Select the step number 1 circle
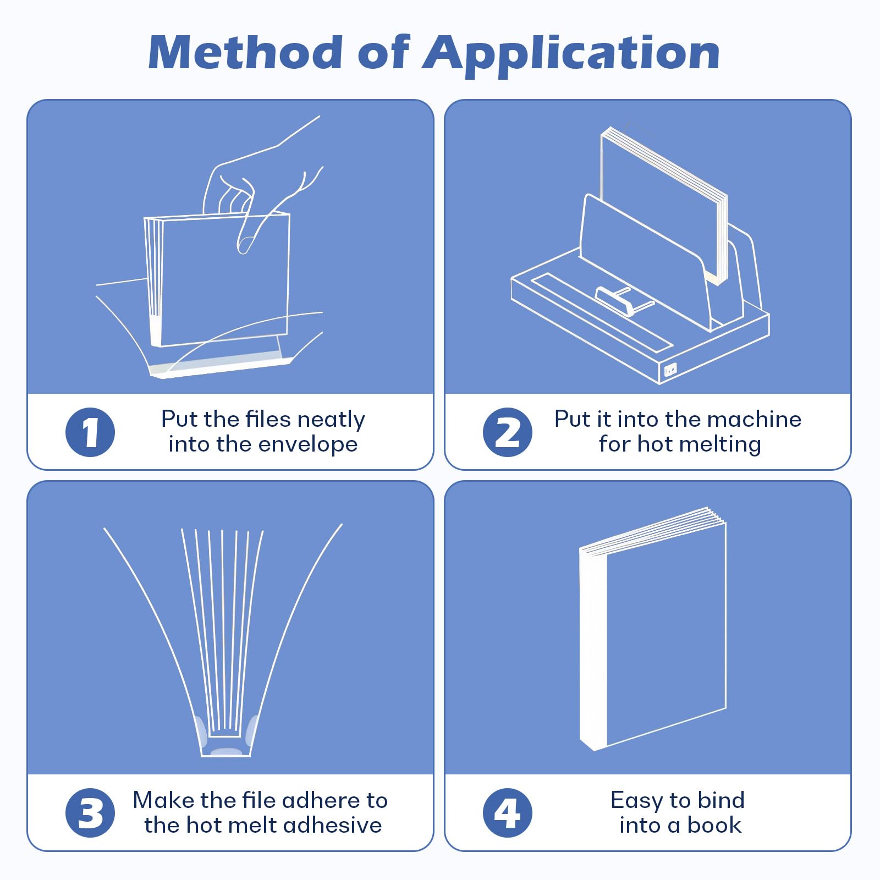90,432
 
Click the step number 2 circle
507,432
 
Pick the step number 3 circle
90,813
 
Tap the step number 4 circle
507,813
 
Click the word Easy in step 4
636,801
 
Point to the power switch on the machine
670,370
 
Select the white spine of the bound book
593,649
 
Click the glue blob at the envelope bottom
226,751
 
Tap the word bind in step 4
721,801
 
